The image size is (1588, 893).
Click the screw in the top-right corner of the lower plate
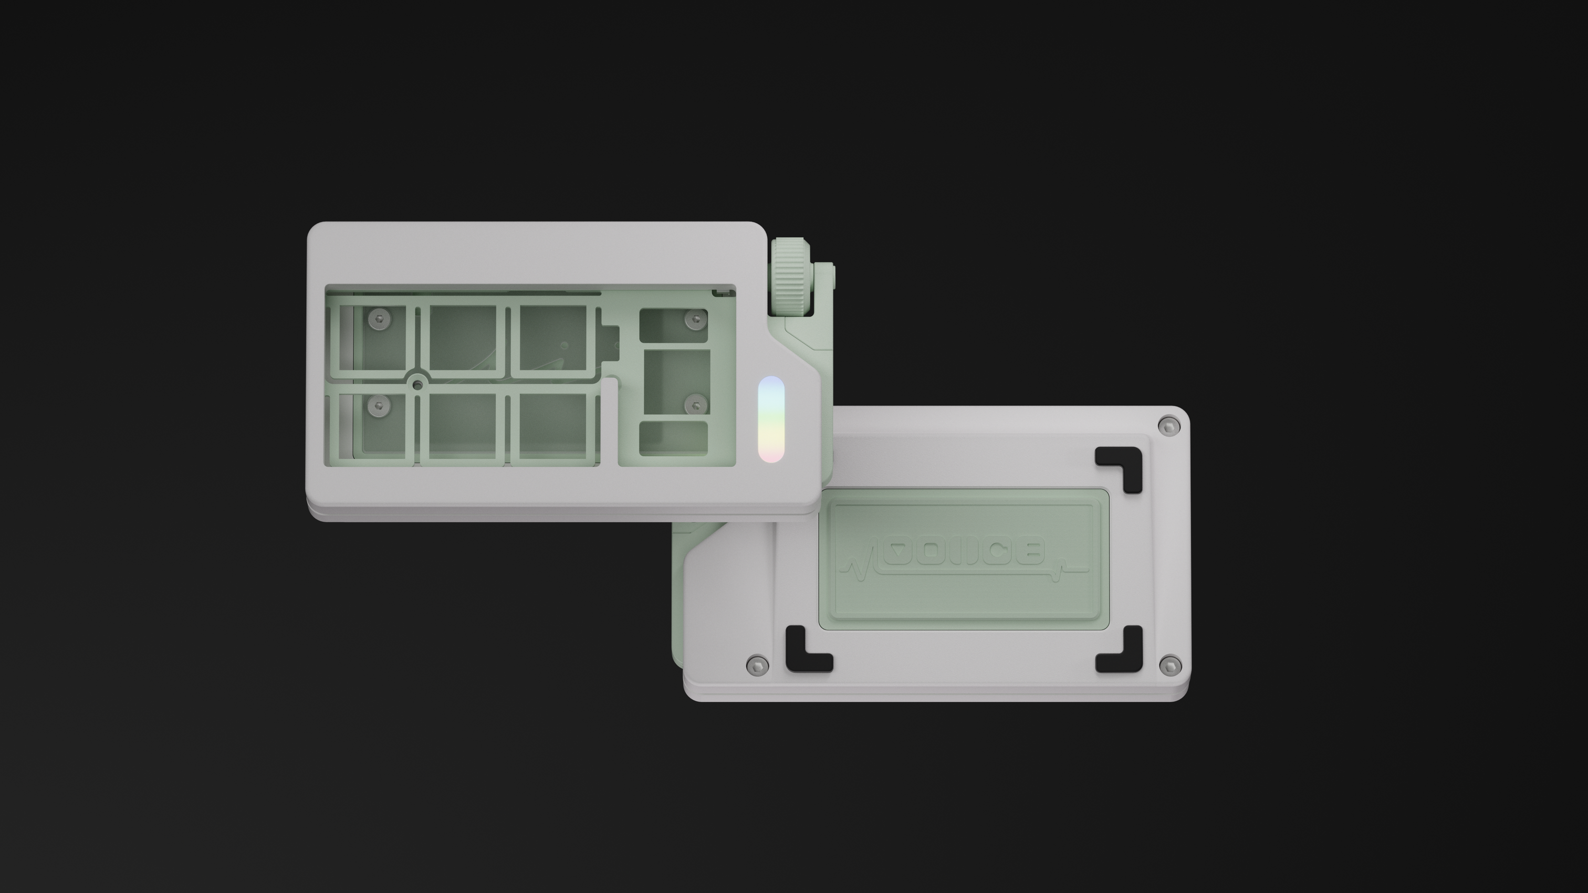coord(1169,425)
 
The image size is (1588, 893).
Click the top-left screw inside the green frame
coord(379,319)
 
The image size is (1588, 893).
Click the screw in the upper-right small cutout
coord(696,319)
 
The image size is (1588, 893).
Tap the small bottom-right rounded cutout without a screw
coord(673,439)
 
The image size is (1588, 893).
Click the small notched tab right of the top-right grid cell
coord(610,341)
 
